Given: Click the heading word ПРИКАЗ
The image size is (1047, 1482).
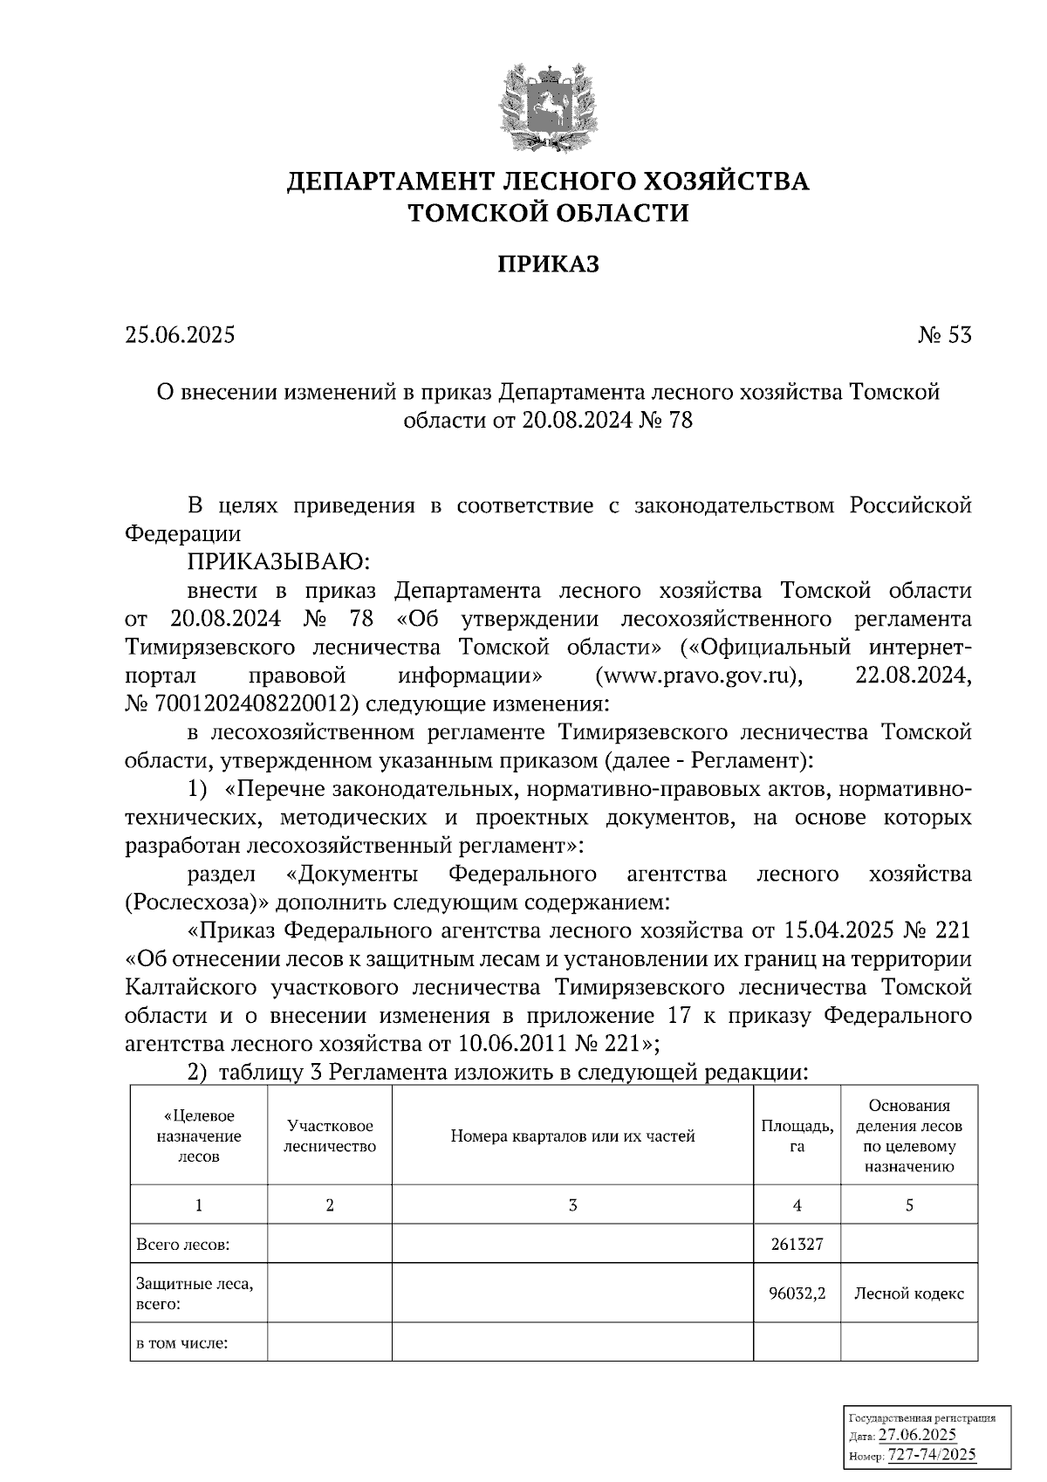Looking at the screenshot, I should point(548,264).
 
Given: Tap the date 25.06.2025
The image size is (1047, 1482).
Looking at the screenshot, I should point(180,335).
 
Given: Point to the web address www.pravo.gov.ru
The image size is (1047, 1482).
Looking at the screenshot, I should point(697,676).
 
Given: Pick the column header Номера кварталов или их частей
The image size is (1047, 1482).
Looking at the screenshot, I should point(572,1136).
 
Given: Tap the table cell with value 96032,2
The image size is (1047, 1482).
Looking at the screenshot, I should point(797,1293).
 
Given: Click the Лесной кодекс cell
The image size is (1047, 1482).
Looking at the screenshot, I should point(908,1293).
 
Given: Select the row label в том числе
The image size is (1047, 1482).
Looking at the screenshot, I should point(181,1343).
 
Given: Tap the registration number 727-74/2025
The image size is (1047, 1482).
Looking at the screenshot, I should point(931,1455).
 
